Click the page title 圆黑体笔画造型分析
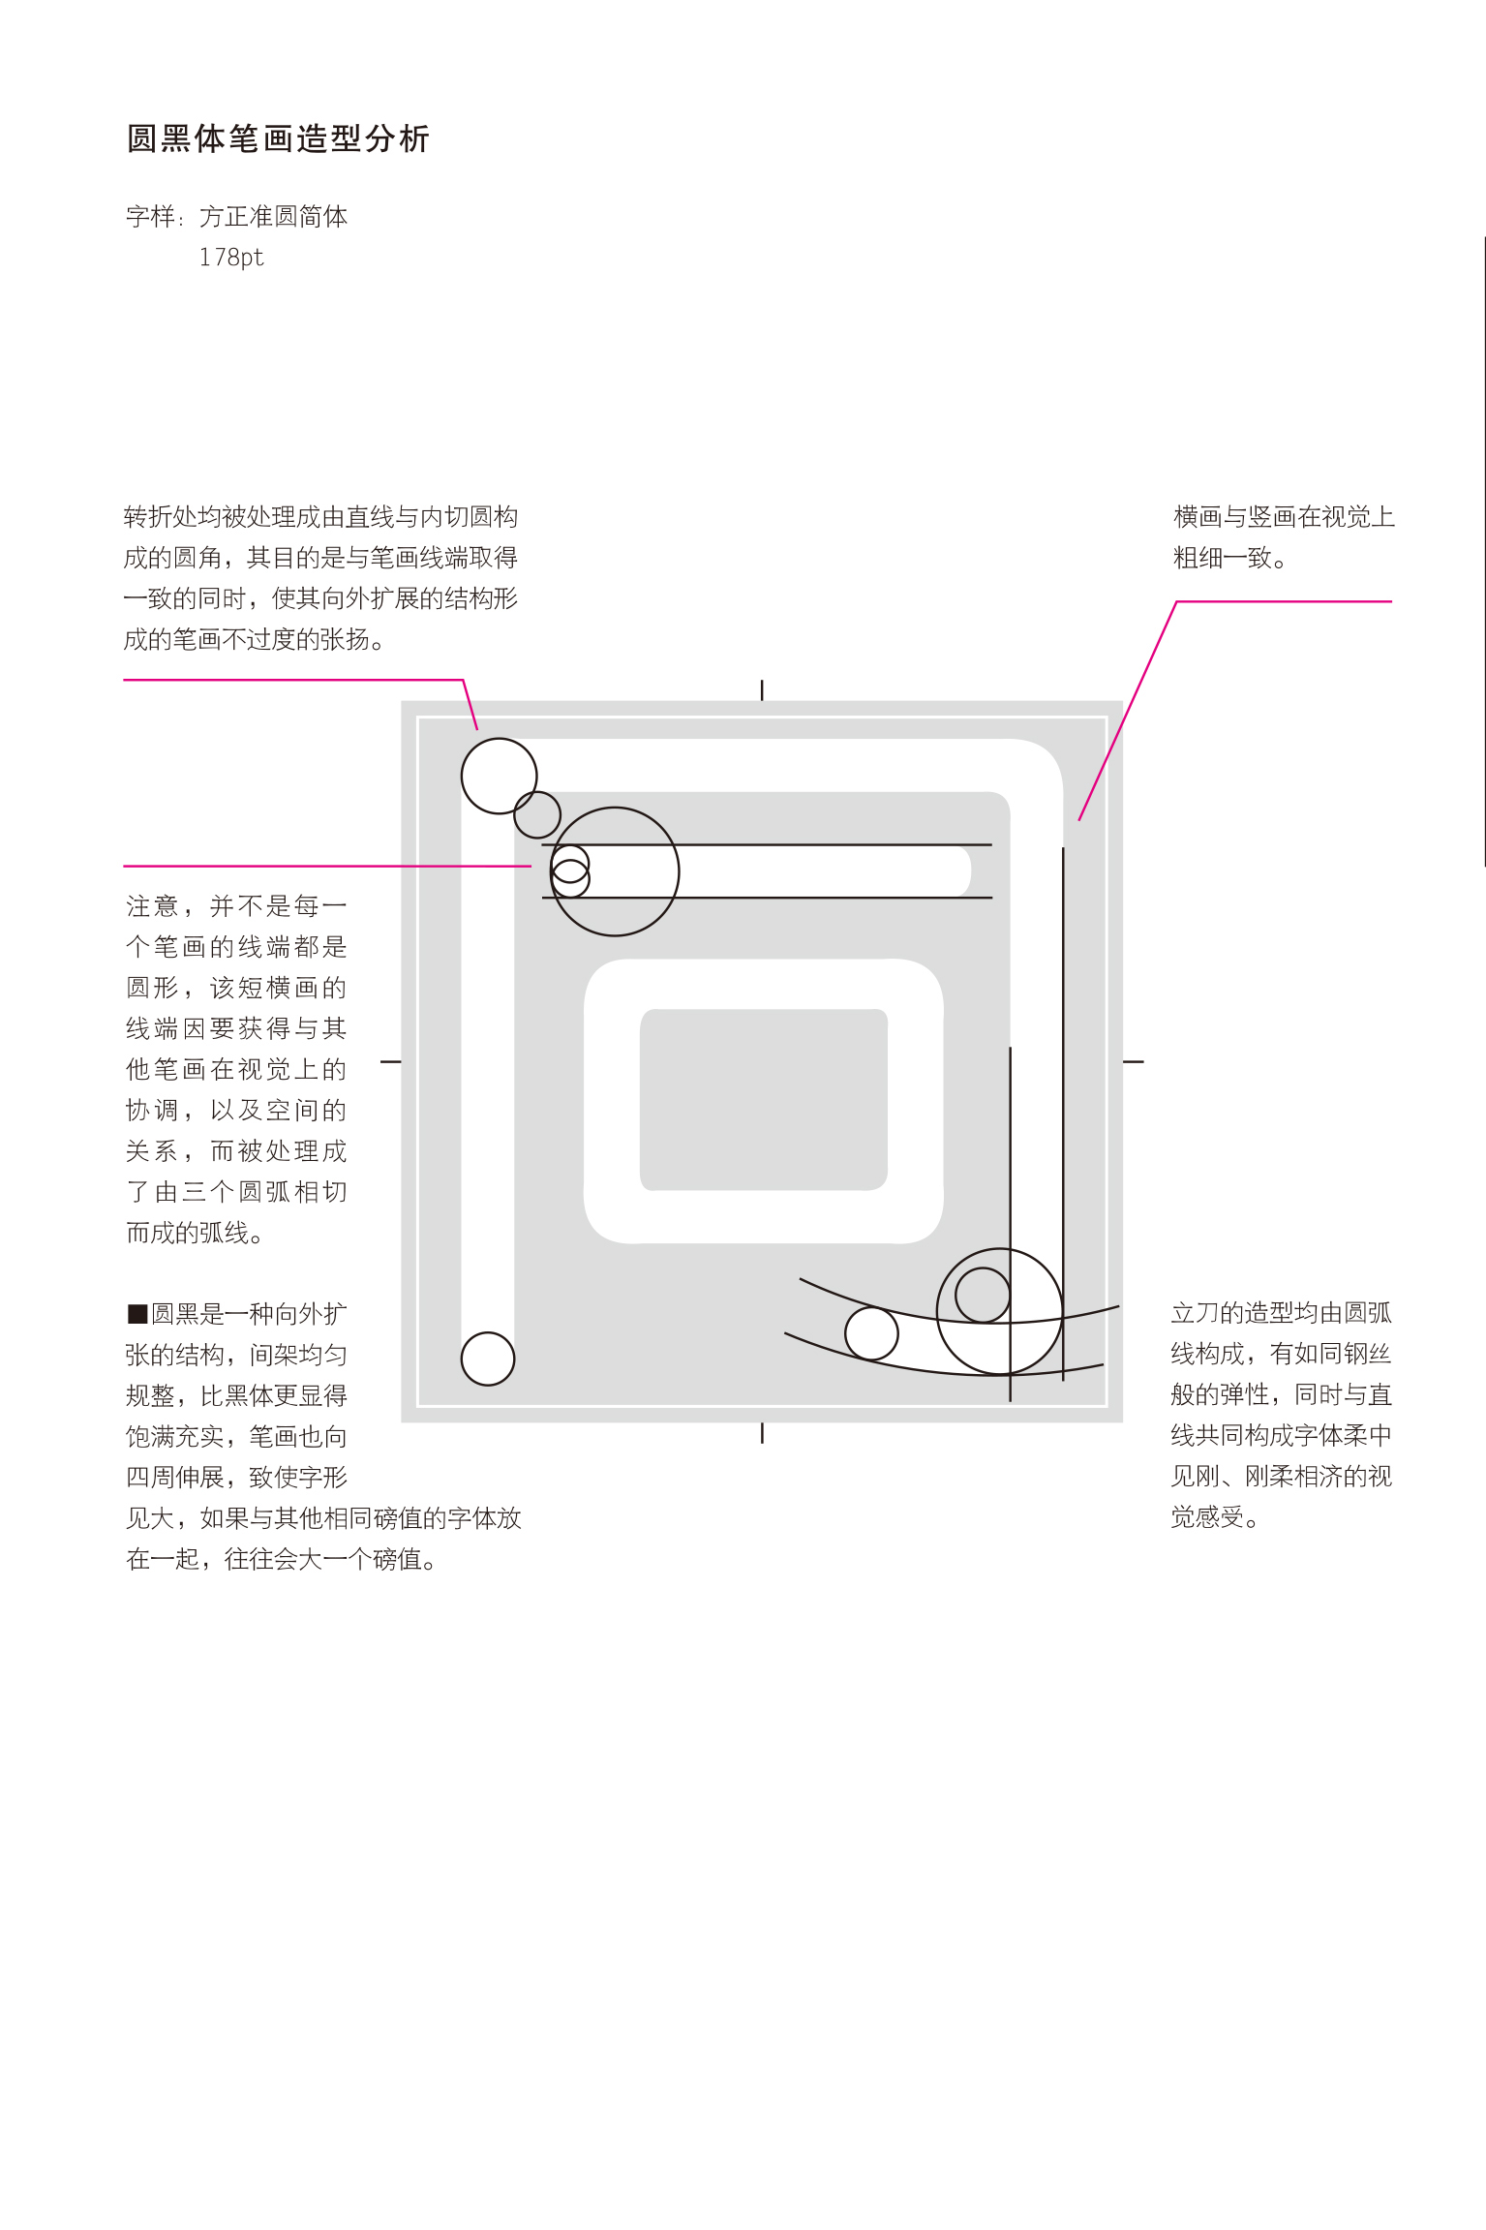click(278, 138)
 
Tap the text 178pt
click(231, 258)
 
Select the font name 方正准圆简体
click(273, 216)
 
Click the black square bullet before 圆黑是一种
click(137, 1314)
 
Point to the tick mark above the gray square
click(762, 689)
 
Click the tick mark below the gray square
click(762, 1433)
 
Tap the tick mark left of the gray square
click(390, 1061)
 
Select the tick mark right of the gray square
click(1134, 1061)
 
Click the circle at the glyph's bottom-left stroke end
click(488, 1359)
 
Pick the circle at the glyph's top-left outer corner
click(499, 776)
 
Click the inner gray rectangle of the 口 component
click(764, 1099)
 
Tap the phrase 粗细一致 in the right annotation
click(1222, 558)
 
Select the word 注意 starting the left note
click(152, 906)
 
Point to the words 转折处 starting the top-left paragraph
click(161, 517)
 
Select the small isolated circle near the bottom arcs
click(871, 1333)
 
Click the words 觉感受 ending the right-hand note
click(1207, 1516)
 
